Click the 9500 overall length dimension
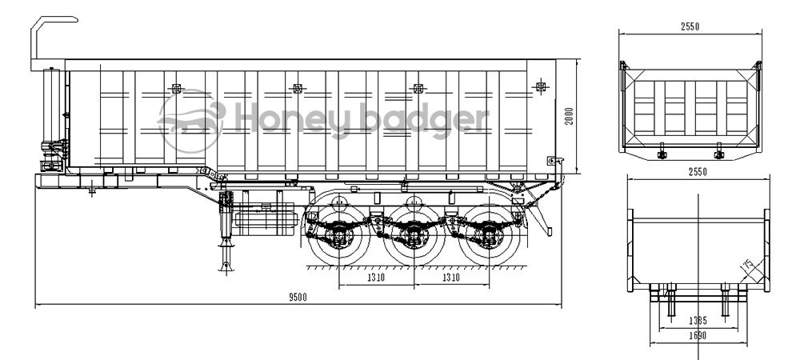(x=297, y=297)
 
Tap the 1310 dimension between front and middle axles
(x=378, y=278)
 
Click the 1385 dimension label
(x=697, y=320)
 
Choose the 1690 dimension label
(x=697, y=337)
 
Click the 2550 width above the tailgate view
(x=690, y=26)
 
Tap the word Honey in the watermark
(x=275, y=118)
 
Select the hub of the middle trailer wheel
(x=413, y=233)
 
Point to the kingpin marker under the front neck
(x=92, y=190)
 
